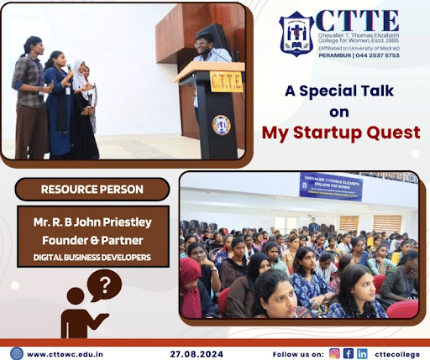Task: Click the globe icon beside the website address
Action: pyautogui.click(x=16, y=353)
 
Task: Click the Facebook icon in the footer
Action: pyautogui.click(x=347, y=353)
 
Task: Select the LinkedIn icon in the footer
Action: pyautogui.click(x=362, y=353)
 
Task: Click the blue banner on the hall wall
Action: pyautogui.click(x=330, y=186)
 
